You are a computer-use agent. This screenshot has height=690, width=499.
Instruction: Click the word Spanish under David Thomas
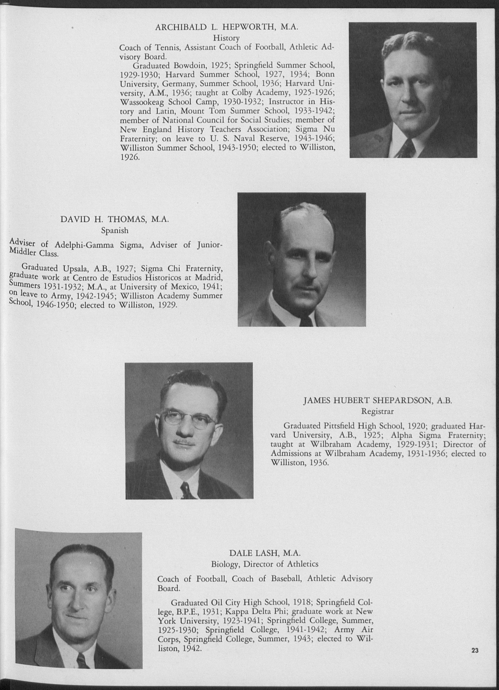(x=115, y=231)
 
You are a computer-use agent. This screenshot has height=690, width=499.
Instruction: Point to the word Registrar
(x=378, y=411)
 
